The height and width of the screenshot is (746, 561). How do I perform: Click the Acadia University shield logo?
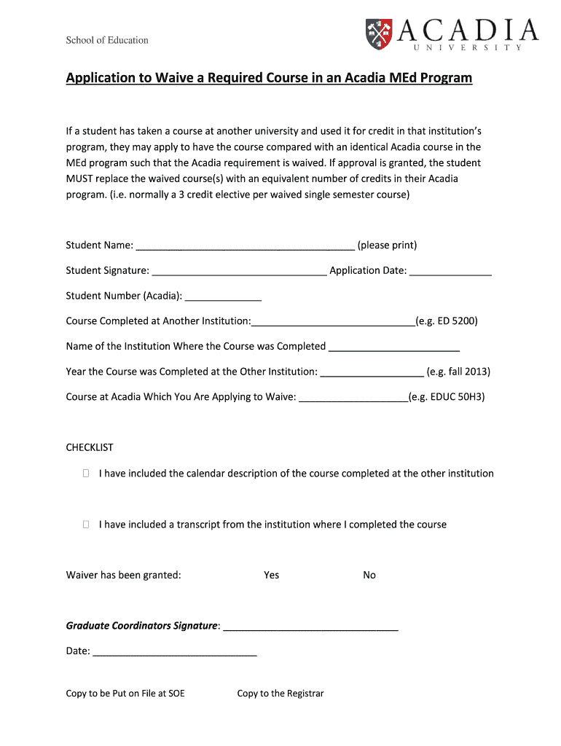[x=378, y=32]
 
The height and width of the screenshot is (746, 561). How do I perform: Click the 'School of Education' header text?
[x=107, y=40]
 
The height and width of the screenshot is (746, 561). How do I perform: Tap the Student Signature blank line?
[x=240, y=272]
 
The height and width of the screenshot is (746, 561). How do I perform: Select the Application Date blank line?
[x=450, y=272]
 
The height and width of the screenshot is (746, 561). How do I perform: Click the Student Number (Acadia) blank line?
[x=224, y=297]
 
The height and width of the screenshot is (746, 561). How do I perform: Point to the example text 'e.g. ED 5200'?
[x=446, y=321]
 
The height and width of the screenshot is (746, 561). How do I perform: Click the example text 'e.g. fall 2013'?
[x=458, y=372]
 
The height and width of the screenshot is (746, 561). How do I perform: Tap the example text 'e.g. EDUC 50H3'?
[x=447, y=397]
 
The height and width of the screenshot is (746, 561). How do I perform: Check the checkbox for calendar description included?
[x=86, y=474]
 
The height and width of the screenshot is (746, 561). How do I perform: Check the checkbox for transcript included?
[x=86, y=525]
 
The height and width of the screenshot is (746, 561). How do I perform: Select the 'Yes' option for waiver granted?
[x=272, y=576]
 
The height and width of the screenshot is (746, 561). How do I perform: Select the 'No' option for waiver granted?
[x=369, y=576]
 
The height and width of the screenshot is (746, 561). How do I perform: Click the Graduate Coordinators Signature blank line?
[x=310, y=627]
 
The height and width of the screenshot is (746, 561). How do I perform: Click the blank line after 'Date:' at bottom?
[x=175, y=653]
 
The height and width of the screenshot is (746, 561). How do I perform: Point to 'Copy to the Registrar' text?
[x=280, y=694]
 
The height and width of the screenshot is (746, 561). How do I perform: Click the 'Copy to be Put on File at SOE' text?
[x=125, y=694]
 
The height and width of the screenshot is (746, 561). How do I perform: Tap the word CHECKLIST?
[x=90, y=447]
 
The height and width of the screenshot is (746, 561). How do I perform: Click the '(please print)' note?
[x=387, y=246]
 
